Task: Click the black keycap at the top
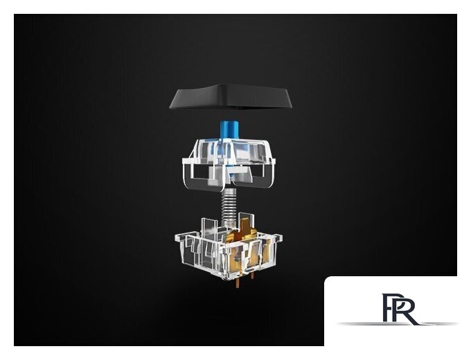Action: (231, 97)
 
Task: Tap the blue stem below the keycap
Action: (229, 129)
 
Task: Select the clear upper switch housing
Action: (229, 164)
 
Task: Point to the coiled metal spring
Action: (229, 208)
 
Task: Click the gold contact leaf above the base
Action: (247, 228)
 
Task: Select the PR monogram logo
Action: (400, 309)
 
